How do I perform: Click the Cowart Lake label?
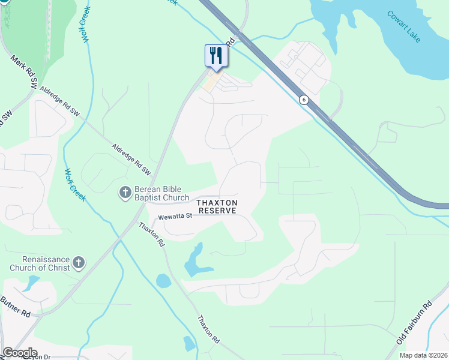(404, 26)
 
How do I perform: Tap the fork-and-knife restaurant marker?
(215, 56)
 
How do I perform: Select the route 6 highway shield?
(304, 100)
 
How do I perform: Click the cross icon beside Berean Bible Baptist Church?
(124, 193)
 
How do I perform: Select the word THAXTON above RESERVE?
(218, 203)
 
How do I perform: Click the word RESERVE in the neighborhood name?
(218, 211)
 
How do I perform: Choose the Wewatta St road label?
(175, 217)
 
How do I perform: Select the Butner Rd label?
(15, 306)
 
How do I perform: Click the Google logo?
(20, 353)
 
